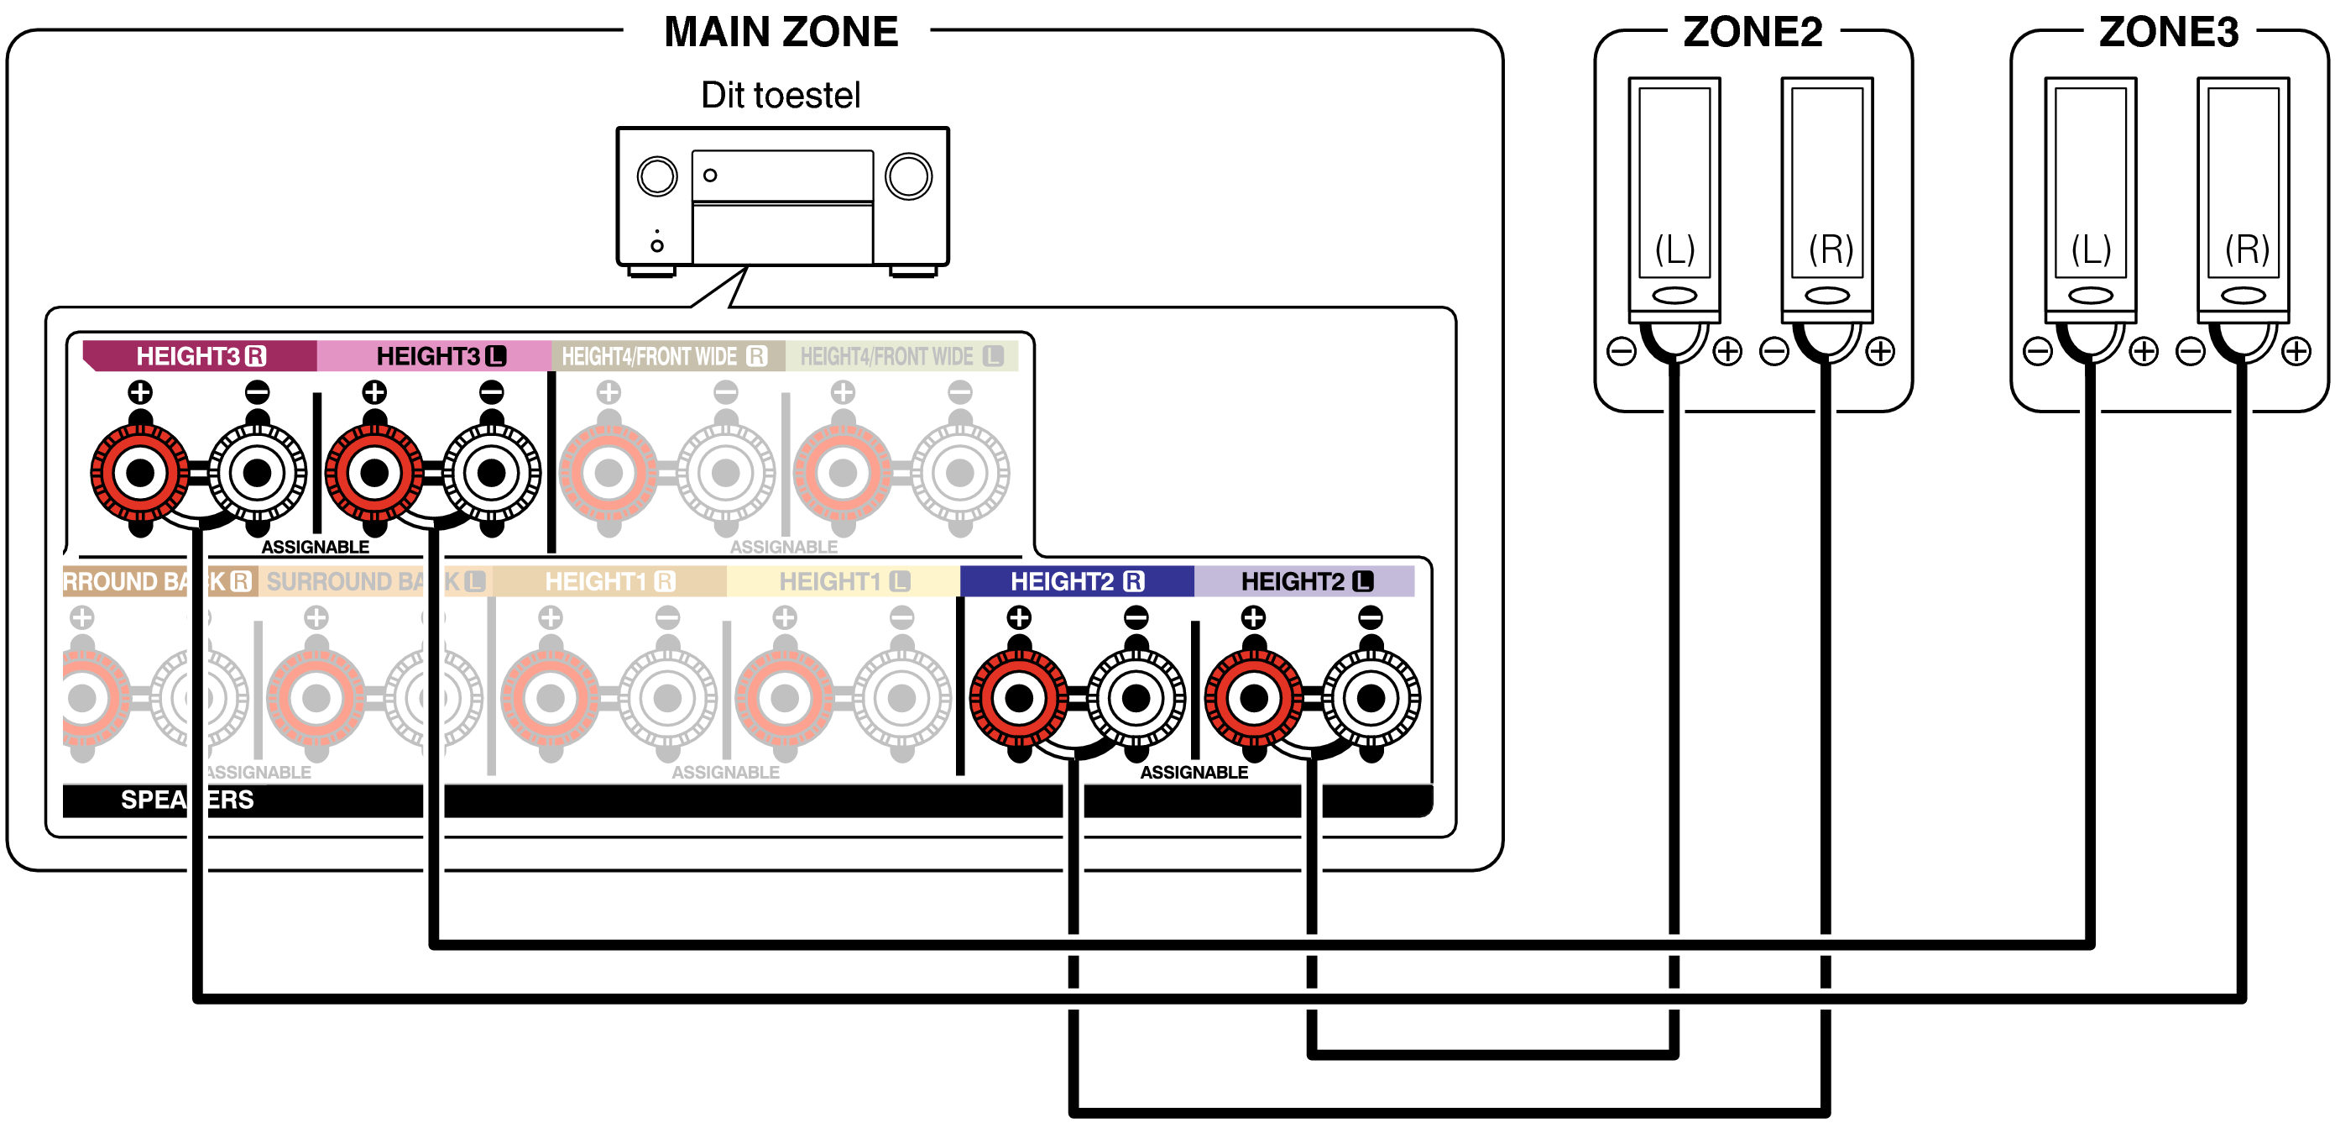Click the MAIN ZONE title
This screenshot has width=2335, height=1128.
(781, 33)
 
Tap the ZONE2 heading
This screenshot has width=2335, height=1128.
(1753, 33)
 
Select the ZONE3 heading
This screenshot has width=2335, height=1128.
(2168, 33)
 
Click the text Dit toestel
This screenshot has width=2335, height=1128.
(781, 95)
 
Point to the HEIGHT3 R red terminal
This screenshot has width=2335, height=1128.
(139, 472)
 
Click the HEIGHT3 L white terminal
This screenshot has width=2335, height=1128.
(491, 472)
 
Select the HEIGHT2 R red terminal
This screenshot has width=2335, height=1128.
(1019, 698)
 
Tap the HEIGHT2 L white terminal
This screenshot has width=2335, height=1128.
(1371, 698)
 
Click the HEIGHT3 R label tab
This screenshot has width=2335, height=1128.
(201, 356)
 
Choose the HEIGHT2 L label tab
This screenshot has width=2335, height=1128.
(1305, 581)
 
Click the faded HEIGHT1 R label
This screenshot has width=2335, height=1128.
(610, 581)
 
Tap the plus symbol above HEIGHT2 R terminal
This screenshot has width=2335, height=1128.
(1019, 617)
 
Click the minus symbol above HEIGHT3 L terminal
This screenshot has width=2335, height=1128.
(491, 392)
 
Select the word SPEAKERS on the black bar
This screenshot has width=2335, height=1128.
(186, 800)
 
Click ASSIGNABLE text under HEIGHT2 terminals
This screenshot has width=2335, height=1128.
(1194, 773)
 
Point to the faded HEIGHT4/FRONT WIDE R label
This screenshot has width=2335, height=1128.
(665, 356)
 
